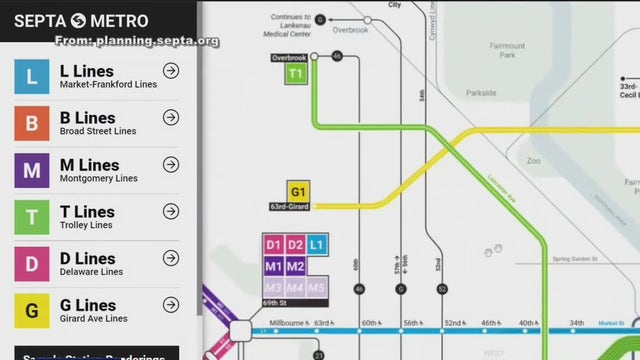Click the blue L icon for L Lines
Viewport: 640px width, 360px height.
[x=32, y=77]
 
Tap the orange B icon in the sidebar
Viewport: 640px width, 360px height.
[x=32, y=124]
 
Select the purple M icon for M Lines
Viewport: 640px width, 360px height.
[x=32, y=170]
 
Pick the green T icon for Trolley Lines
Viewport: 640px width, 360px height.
[x=32, y=217]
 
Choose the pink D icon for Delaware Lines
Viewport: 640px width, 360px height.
[x=32, y=264]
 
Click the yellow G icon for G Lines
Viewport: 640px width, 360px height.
[x=32, y=310]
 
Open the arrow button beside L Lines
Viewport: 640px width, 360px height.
[x=171, y=71]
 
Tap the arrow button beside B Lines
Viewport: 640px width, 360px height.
[x=171, y=118]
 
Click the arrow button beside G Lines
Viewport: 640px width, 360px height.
[x=171, y=305]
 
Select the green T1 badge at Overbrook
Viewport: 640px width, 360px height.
[x=296, y=74]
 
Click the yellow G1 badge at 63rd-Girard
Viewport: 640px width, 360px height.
[x=298, y=191]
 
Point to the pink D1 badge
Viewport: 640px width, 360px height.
[x=273, y=245]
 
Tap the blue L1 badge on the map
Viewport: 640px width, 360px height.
[x=317, y=245]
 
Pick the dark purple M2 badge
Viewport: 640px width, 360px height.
[x=295, y=266]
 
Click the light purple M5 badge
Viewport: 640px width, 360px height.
[x=317, y=288]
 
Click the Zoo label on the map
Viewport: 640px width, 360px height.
[x=533, y=160]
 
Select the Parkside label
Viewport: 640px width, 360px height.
[x=481, y=93]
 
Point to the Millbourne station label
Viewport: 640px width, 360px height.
[x=285, y=323]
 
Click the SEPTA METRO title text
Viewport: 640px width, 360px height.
[x=81, y=21]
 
